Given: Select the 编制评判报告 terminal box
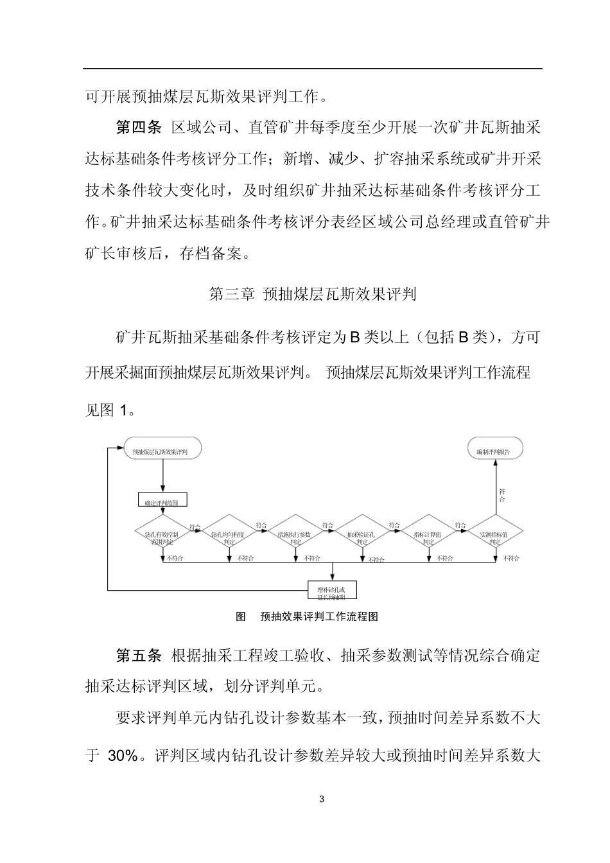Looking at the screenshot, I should pyautogui.click(x=494, y=451).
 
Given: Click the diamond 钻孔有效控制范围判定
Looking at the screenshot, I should pyautogui.click(x=162, y=534).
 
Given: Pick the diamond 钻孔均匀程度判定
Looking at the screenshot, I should pyautogui.click(x=229, y=534).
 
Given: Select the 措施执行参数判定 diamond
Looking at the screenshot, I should pyautogui.click(x=295, y=534).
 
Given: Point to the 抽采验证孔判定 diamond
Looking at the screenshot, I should pyautogui.click(x=362, y=534).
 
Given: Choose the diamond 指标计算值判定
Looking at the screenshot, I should pyautogui.click(x=428, y=534).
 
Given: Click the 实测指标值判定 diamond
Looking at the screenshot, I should pyautogui.click(x=495, y=534).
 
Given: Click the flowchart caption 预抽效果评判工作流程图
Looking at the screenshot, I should pyautogui.click(x=319, y=617).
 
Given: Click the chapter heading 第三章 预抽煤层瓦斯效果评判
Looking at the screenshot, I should pyautogui.click(x=313, y=295).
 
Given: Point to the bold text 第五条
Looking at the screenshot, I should pyautogui.click(x=138, y=656).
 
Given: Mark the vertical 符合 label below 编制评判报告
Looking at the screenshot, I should pyautogui.click(x=502, y=495).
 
